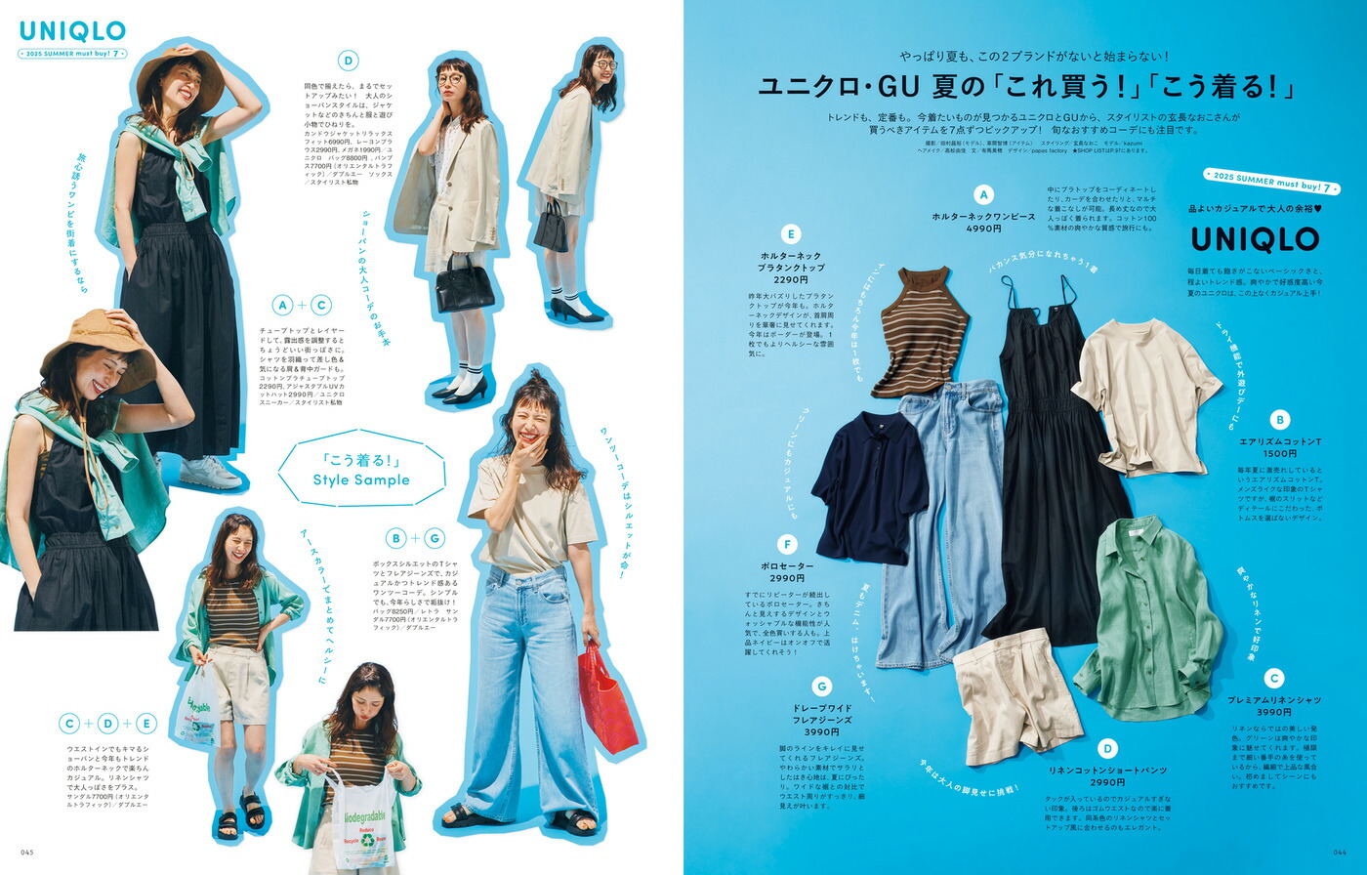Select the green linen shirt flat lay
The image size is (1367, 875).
(1148, 616)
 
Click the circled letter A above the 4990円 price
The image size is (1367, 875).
(983, 195)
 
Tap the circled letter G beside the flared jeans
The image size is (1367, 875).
(821, 687)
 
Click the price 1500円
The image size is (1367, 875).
(1279, 454)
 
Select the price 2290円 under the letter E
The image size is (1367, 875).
(791, 280)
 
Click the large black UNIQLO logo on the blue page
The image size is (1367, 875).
(1255, 239)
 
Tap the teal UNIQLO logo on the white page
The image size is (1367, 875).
(73, 32)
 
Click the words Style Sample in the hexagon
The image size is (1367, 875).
(361, 479)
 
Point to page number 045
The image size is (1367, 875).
(27, 853)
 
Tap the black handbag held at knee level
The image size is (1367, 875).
(465, 288)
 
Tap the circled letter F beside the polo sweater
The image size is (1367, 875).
(787, 544)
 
